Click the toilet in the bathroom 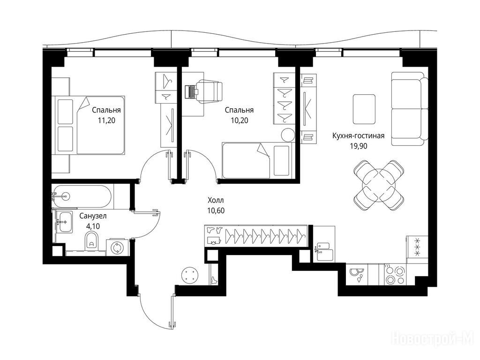click(91, 240)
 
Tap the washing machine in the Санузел click(116, 247)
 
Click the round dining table click(378, 185)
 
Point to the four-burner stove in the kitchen click(395, 275)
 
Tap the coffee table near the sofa click(364, 109)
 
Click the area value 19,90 click(359, 146)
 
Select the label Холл click(216, 201)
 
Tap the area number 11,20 click(106, 120)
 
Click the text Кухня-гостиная click(358, 135)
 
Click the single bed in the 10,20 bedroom click(257, 160)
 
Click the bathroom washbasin click(64, 221)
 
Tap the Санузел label click(93, 216)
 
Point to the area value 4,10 click(93, 226)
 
